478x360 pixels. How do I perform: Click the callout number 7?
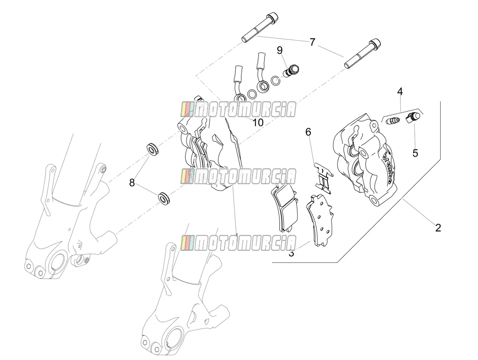click(312, 42)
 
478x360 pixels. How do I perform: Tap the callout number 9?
click(280, 50)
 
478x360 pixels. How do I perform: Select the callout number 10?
click(258, 123)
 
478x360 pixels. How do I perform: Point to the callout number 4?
click(400, 92)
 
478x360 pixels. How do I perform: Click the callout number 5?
click(415, 153)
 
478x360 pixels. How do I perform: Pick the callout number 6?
click(308, 132)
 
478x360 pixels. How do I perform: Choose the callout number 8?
click(132, 183)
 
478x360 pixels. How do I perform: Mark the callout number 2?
click(438, 228)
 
